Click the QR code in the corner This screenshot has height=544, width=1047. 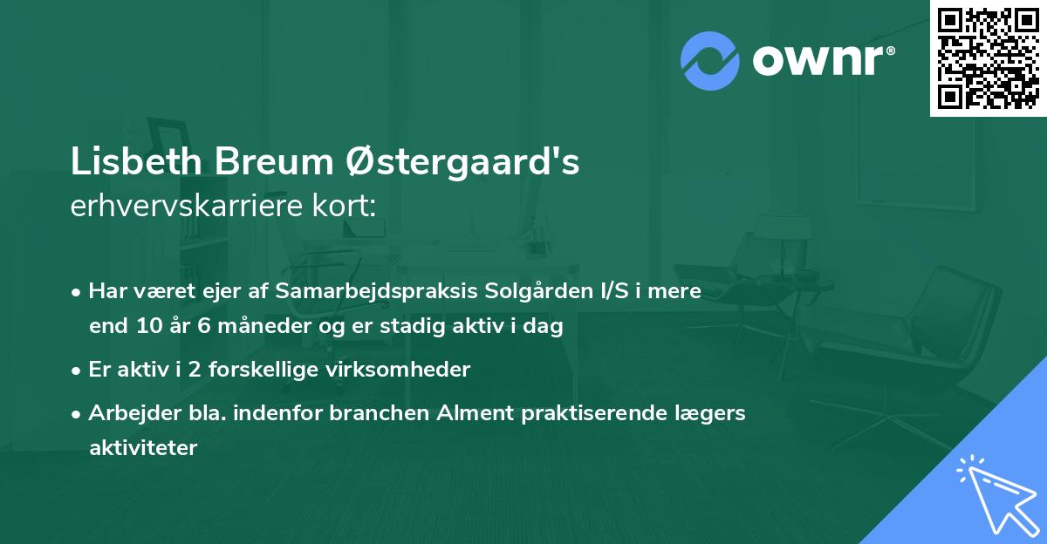(x=989, y=58)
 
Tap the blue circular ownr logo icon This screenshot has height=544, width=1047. (x=710, y=60)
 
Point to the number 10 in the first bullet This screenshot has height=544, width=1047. (x=147, y=327)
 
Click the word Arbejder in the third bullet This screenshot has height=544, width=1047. (x=127, y=412)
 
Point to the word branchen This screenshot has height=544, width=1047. (x=381, y=412)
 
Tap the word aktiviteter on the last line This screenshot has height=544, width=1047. (x=143, y=448)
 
